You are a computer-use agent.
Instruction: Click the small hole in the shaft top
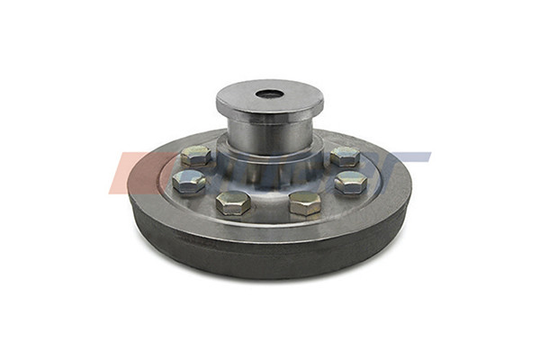click(268, 94)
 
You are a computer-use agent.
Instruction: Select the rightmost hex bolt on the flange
click(350, 182)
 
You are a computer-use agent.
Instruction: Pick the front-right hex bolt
click(305, 202)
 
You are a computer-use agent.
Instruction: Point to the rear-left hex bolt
click(196, 155)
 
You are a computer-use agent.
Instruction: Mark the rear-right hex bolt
click(344, 156)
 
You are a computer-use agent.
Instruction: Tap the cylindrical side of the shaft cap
click(269, 113)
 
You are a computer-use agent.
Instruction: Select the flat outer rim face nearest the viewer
click(269, 230)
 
